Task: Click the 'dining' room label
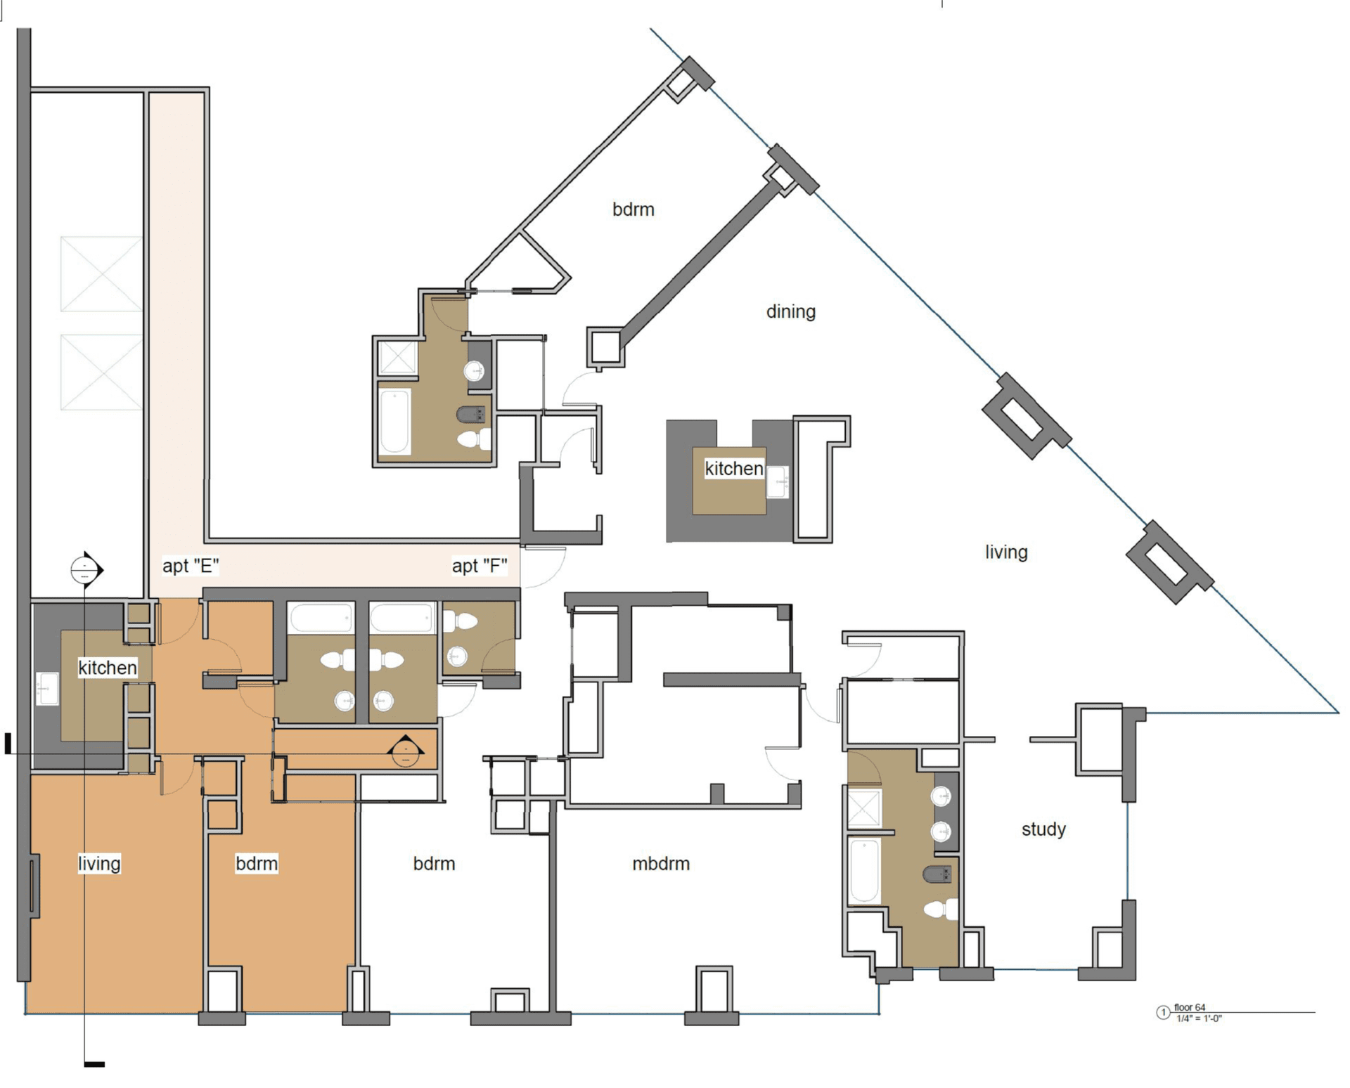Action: pyautogui.click(x=790, y=311)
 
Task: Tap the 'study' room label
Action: pyautogui.click(x=1043, y=829)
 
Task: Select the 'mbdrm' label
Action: pyautogui.click(x=660, y=863)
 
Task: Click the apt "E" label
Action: pyautogui.click(x=190, y=566)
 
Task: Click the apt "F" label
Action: pyautogui.click(x=479, y=566)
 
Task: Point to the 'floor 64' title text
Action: pyautogui.click(x=1190, y=1008)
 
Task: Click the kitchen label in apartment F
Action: pyautogui.click(x=733, y=469)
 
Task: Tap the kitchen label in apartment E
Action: pyautogui.click(x=107, y=668)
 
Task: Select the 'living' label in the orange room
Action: pyautogui.click(x=99, y=863)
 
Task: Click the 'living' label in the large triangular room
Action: pyautogui.click(x=1005, y=552)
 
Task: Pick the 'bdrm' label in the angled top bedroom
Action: pyautogui.click(x=633, y=209)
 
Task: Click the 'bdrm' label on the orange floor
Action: pyautogui.click(x=256, y=863)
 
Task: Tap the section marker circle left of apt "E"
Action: pyautogui.click(x=85, y=570)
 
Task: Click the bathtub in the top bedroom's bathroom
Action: pyautogui.click(x=394, y=422)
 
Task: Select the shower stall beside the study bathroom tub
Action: pyautogui.click(x=863, y=808)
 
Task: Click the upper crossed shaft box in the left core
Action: pyautogui.click(x=101, y=274)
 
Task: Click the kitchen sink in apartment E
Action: pyautogui.click(x=47, y=689)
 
